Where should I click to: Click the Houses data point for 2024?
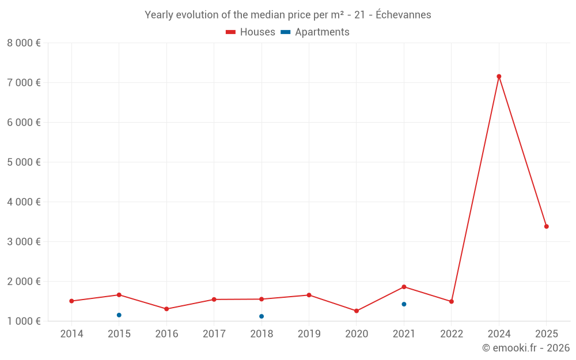tap(499, 77)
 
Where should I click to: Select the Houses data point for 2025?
tap(546, 226)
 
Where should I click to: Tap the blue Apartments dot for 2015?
tap(119, 315)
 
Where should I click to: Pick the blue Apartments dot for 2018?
tap(262, 316)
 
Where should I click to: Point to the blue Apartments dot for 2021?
tap(404, 304)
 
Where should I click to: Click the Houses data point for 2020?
tap(357, 311)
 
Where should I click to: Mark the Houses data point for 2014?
tap(71, 301)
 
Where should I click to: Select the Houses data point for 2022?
tap(452, 301)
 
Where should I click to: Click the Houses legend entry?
tap(251, 32)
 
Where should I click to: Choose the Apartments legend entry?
tap(315, 32)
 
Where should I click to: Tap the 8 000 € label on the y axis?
tap(24, 43)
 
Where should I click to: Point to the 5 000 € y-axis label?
tap(24, 162)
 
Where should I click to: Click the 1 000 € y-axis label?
tap(24, 321)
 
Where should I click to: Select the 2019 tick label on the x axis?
tap(309, 334)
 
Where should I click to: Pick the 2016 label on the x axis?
tap(166, 334)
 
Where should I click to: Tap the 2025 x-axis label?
tap(546, 334)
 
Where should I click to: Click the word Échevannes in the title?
tap(403, 15)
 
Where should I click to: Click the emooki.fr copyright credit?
tap(526, 348)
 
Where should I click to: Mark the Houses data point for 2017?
tap(214, 300)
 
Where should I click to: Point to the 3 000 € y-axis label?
tap(24, 241)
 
